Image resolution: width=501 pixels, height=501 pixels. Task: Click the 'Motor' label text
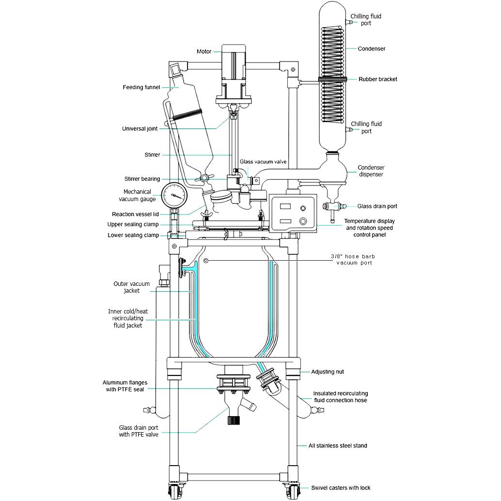click(204, 51)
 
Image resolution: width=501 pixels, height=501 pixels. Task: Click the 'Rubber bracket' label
click(377, 79)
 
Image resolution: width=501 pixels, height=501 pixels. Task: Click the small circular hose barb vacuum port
click(206, 261)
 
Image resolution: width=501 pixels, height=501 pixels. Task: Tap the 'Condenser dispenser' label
click(371, 171)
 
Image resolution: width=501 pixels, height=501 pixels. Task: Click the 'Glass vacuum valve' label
click(263, 161)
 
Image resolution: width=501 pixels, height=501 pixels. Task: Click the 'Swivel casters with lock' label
click(341, 487)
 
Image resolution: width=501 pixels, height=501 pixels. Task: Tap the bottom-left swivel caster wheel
click(173, 490)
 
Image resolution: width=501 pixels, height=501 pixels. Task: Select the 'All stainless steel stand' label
click(338, 445)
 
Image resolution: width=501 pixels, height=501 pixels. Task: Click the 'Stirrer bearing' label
click(142, 179)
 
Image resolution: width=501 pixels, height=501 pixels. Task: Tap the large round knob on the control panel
click(303, 221)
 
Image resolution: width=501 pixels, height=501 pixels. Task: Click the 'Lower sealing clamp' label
click(133, 235)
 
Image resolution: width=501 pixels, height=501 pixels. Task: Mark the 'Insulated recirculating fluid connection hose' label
click(340, 397)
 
